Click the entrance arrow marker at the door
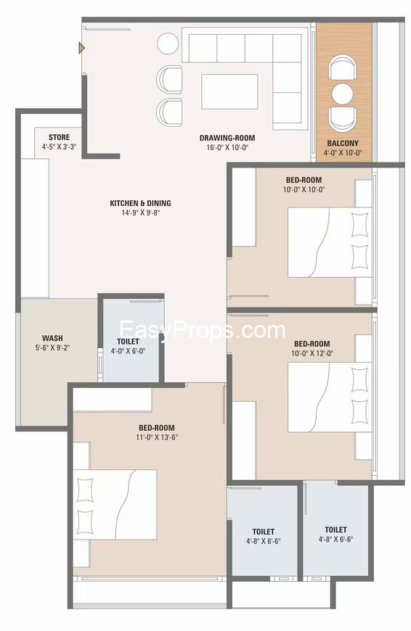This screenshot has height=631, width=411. (x=82, y=49)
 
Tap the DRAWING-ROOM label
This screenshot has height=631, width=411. (x=227, y=138)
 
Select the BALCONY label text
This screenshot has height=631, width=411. (x=343, y=144)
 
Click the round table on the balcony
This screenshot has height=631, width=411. (x=343, y=94)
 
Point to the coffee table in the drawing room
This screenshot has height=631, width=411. (x=229, y=91)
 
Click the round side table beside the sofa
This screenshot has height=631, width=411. (x=168, y=44)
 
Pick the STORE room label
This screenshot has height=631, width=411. (x=60, y=137)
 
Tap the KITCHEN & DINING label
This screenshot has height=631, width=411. (x=140, y=203)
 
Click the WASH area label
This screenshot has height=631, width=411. (x=52, y=338)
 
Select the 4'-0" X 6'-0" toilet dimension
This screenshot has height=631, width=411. (x=128, y=351)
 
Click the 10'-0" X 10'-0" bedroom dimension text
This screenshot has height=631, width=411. (x=304, y=189)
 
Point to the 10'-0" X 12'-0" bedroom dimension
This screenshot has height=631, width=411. (x=312, y=353)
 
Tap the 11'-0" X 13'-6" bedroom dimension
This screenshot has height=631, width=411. (x=157, y=437)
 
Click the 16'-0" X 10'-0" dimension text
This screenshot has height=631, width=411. (x=227, y=148)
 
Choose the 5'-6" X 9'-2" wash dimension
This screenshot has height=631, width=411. (x=52, y=347)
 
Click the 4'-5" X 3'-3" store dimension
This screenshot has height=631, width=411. (x=60, y=147)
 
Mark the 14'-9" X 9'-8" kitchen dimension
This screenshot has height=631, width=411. (x=141, y=213)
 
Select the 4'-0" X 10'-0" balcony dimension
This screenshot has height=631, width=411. (x=343, y=153)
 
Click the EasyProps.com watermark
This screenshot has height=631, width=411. (x=203, y=331)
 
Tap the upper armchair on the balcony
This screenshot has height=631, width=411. (x=343, y=67)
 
